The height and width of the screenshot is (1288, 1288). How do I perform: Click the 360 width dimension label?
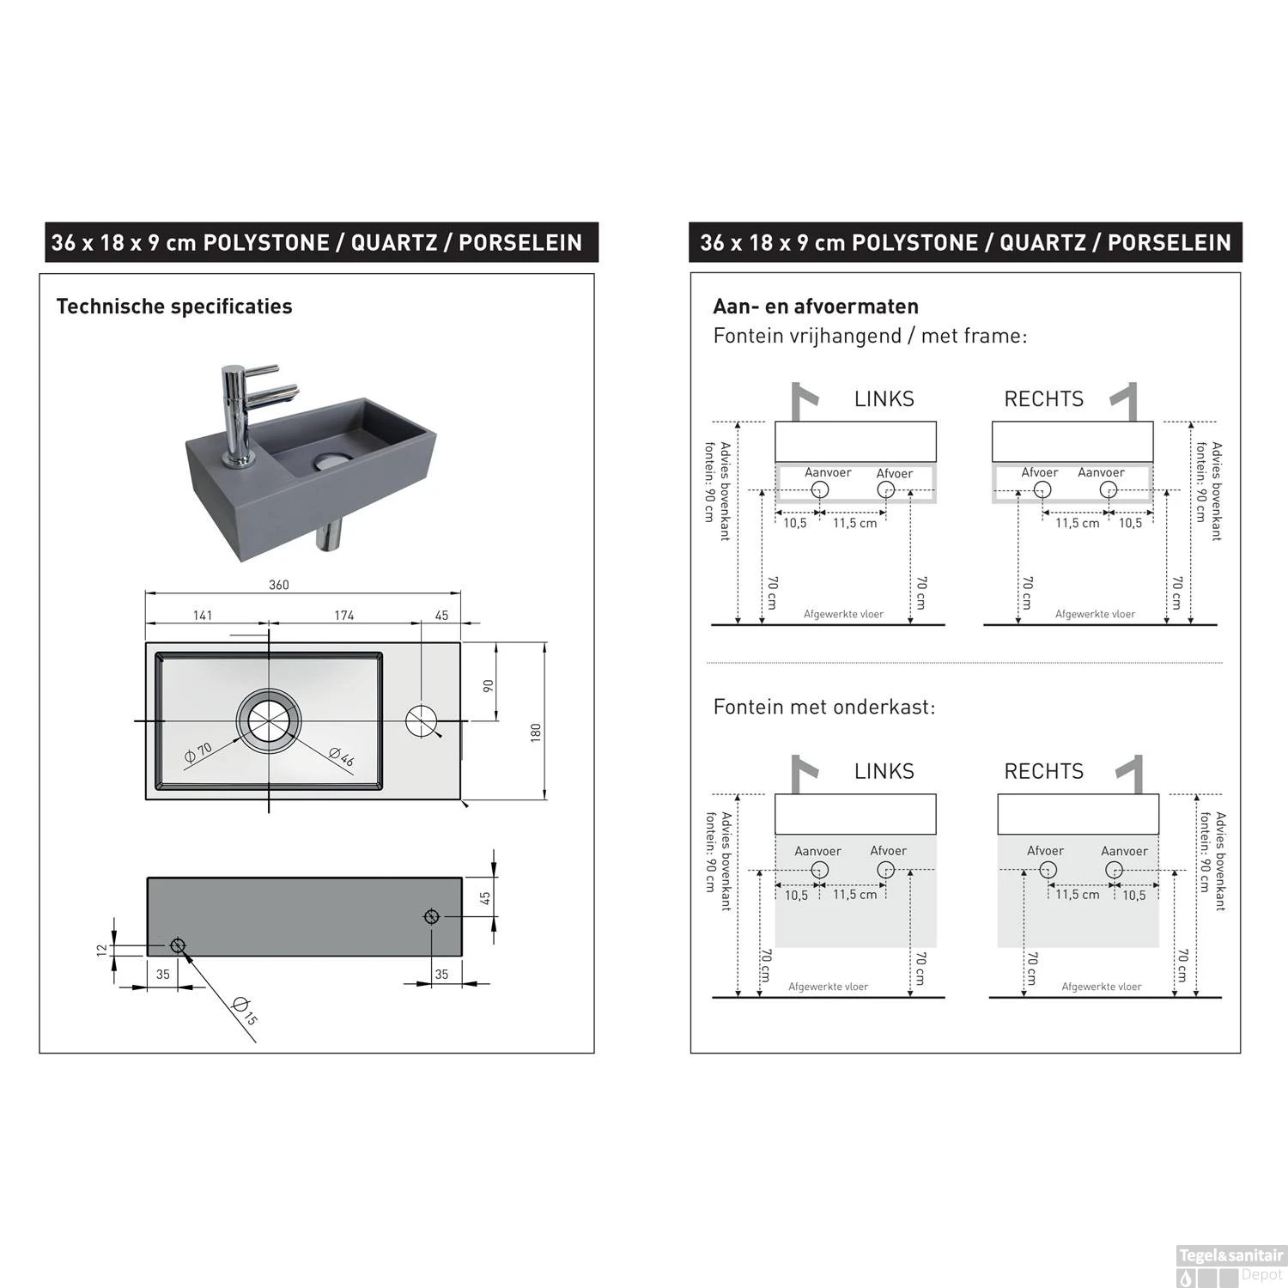pyautogui.click(x=279, y=585)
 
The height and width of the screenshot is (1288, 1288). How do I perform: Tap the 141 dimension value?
pyautogui.click(x=203, y=615)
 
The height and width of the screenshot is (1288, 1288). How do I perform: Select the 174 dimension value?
pyautogui.click(x=344, y=615)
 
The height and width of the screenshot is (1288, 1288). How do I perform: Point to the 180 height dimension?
pyautogui.click(x=536, y=732)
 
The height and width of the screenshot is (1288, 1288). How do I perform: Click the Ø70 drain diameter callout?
pyautogui.click(x=198, y=753)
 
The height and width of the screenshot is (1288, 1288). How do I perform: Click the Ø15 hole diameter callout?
pyautogui.click(x=245, y=1012)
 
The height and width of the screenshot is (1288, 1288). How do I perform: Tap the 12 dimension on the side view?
pyautogui.click(x=102, y=949)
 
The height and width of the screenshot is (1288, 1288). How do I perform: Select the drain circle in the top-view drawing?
pyautogui.click(x=270, y=720)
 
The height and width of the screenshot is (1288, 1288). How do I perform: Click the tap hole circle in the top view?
pyautogui.click(x=422, y=720)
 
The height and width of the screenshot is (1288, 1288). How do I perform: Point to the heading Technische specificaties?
pyautogui.click(x=174, y=307)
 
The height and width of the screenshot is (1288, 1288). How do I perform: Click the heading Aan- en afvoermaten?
pyautogui.click(x=816, y=307)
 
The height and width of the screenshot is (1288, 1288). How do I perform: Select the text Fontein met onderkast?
pyautogui.click(x=824, y=707)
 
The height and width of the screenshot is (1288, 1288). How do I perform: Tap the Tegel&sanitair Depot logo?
pyautogui.click(x=1230, y=1266)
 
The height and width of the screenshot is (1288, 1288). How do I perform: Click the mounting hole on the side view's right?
pyautogui.click(x=432, y=916)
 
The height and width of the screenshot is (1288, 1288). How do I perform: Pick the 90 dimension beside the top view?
pyautogui.click(x=489, y=685)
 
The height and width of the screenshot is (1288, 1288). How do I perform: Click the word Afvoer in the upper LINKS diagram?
pyautogui.click(x=895, y=473)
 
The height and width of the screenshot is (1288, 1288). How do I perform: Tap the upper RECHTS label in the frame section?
pyautogui.click(x=1044, y=399)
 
